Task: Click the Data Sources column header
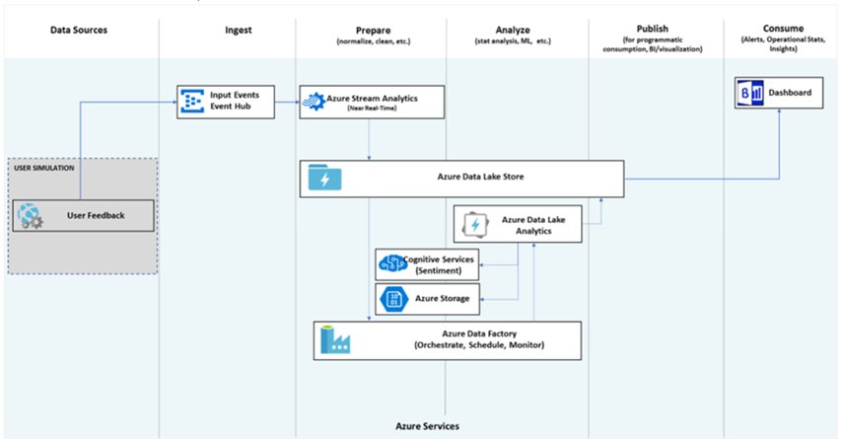click(79, 30)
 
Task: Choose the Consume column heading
click(780, 30)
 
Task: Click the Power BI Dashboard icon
click(749, 95)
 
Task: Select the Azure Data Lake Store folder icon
click(323, 179)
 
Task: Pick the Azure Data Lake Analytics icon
click(474, 225)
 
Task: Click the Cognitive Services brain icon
click(390, 263)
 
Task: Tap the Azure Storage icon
click(390, 298)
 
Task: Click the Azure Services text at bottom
click(422, 425)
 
